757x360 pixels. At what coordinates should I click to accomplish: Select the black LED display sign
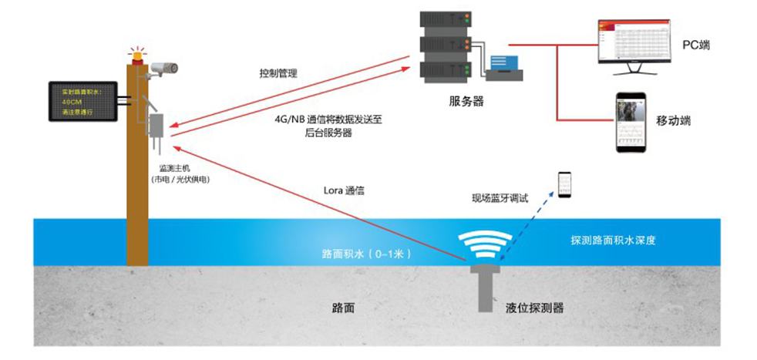[x=81, y=101]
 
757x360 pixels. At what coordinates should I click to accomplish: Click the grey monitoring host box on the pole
[x=158, y=126]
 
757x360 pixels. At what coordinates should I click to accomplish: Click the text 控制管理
[x=278, y=73]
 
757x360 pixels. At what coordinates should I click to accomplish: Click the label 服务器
[x=467, y=100]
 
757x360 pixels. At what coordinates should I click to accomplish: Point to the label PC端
[x=695, y=45]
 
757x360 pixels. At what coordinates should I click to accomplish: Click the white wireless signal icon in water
[x=486, y=244]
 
